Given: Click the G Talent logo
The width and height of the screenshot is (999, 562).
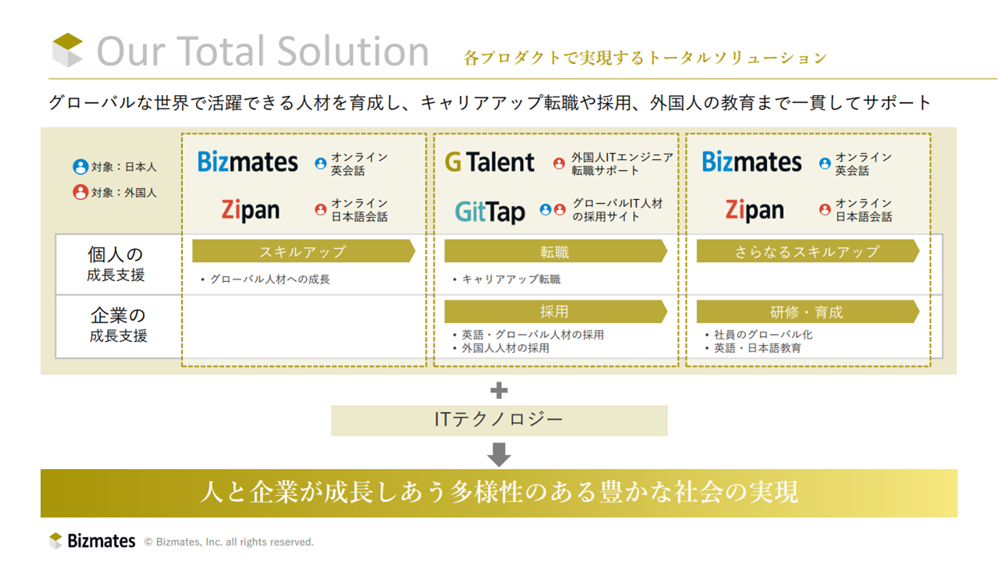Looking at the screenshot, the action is click(x=489, y=162).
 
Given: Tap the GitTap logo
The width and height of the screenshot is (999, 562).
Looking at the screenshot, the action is click(x=489, y=212).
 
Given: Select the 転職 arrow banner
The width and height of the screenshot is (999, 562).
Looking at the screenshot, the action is click(x=556, y=251).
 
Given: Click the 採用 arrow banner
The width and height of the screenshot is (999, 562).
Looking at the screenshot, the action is click(x=556, y=311).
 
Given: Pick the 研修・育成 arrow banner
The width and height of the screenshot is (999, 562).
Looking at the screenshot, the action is click(x=808, y=311).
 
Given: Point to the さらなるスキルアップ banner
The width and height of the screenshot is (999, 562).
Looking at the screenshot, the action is click(x=808, y=251).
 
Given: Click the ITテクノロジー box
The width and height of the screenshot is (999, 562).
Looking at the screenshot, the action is click(x=499, y=420).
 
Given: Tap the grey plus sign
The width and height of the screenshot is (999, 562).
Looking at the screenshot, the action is click(x=499, y=390).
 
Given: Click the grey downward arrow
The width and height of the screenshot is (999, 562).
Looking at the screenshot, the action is click(x=499, y=454).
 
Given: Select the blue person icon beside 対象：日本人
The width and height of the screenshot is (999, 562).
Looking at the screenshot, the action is click(x=80, y=166).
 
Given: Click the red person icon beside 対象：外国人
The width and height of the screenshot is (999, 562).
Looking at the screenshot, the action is click(x=80, y=192).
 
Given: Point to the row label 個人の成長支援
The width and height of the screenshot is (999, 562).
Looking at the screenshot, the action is click(x=116, y=264).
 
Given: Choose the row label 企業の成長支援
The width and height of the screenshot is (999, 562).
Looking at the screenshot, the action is click(x=118, y=325).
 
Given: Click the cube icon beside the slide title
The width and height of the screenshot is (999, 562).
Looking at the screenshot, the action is click(x=67, y=50).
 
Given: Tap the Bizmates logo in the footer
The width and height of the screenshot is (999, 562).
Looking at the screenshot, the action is click(x=92, y=541).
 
